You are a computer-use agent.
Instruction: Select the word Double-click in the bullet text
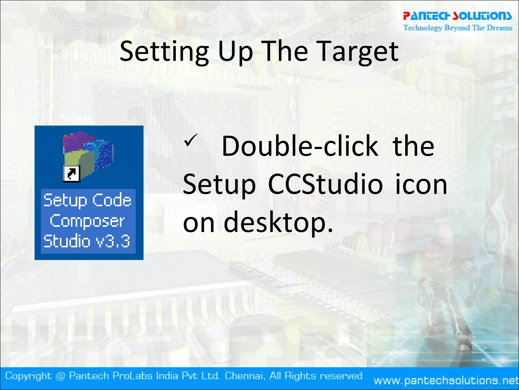300,146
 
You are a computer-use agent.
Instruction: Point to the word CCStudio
325,185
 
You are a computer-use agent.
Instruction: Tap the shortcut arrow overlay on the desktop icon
71,174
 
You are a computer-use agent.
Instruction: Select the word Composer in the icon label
87,221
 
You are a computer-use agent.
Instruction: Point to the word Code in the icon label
112,200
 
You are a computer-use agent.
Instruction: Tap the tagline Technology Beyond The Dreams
458,28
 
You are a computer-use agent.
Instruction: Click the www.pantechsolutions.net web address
446,380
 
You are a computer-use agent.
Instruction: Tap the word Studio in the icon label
67,241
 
